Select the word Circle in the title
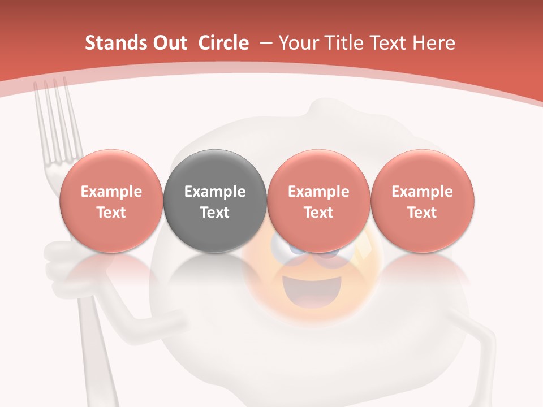223,43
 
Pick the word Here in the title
434,43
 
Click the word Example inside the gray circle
215,192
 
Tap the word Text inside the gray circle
215,213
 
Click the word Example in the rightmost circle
422,192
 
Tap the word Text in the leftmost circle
111,213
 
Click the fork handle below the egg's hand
93,362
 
